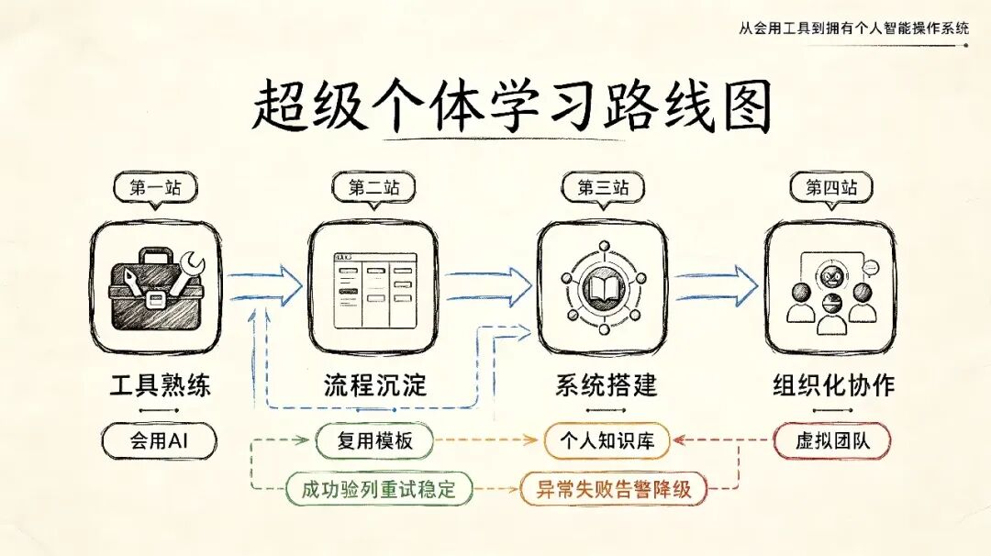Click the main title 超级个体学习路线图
[x=512, y=106]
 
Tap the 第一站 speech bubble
[x=155, y=189]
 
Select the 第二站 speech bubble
[x=374, y=189]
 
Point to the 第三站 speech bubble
[x=604, y=189]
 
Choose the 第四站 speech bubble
[x=831, y=189]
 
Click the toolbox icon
[x=156, y=289]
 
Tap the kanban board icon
[x=375, y=290]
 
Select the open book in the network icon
[x=605, y=289]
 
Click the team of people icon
[x=830, y=293]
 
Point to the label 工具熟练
[x=160, y=384]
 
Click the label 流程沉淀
[x=375, y=384]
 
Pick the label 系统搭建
[x=607, y=384]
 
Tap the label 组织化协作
[x=833, y=384]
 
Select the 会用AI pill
[x=159, y=440]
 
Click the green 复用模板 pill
[x=374, y=440]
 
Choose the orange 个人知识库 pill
[x=607, y=440]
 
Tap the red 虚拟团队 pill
[x=831, y=440]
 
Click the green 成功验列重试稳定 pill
[x=379, y=489]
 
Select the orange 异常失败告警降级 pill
[x=613, y=489]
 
